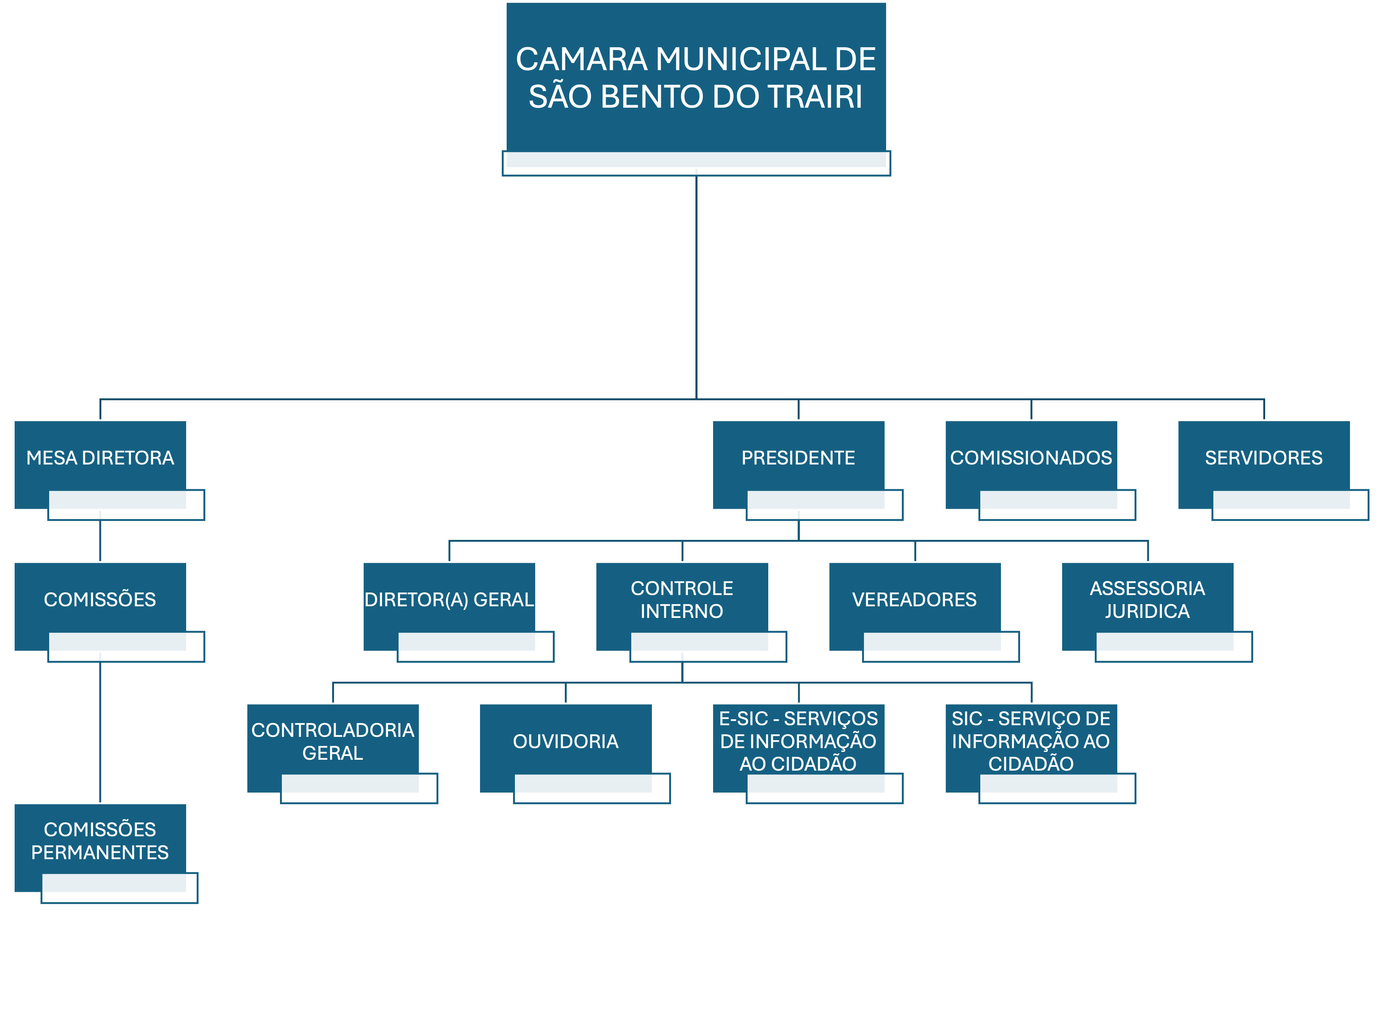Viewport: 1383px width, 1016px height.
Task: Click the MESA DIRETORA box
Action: [x=100, y=458]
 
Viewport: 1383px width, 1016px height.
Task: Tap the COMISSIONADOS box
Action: [x=1031, y=458]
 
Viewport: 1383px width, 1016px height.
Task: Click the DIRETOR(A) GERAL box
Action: [x=449, y=599]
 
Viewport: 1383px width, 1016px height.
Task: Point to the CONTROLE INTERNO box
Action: [x=682, y=599]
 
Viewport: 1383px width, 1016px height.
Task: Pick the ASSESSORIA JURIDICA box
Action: [x=1147, y=599]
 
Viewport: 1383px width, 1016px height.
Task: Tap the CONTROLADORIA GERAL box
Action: [x=333, y=741]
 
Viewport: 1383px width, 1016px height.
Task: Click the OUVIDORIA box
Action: [x=565, y=741]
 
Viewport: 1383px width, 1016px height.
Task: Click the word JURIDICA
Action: [x=1147, y=611]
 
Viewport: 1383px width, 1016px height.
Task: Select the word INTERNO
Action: [x=682, y=611]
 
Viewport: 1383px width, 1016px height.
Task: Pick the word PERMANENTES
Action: [x=100, y=852]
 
